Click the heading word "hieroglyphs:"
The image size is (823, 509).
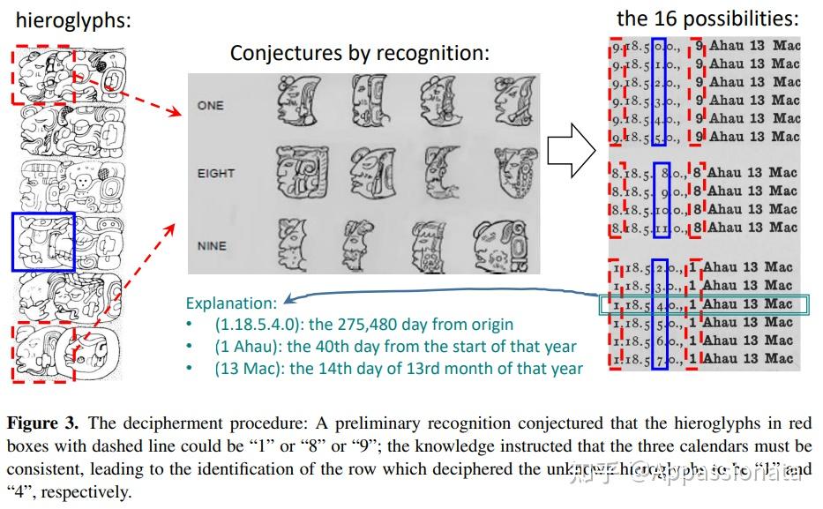tap(72, 19)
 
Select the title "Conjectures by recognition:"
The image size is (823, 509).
tap(359, 52)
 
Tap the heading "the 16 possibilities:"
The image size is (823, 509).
tap(707, 18)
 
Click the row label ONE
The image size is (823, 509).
tap(211, 105)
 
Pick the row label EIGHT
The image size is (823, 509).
tap(216, 173)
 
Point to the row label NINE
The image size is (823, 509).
tap(213, 246)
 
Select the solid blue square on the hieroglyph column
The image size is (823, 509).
tap(43, 242)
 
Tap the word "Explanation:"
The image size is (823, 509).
tap(231, 303)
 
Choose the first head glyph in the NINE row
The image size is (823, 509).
tap(290, 242)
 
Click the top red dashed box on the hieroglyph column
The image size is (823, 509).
tap(45, 74)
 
